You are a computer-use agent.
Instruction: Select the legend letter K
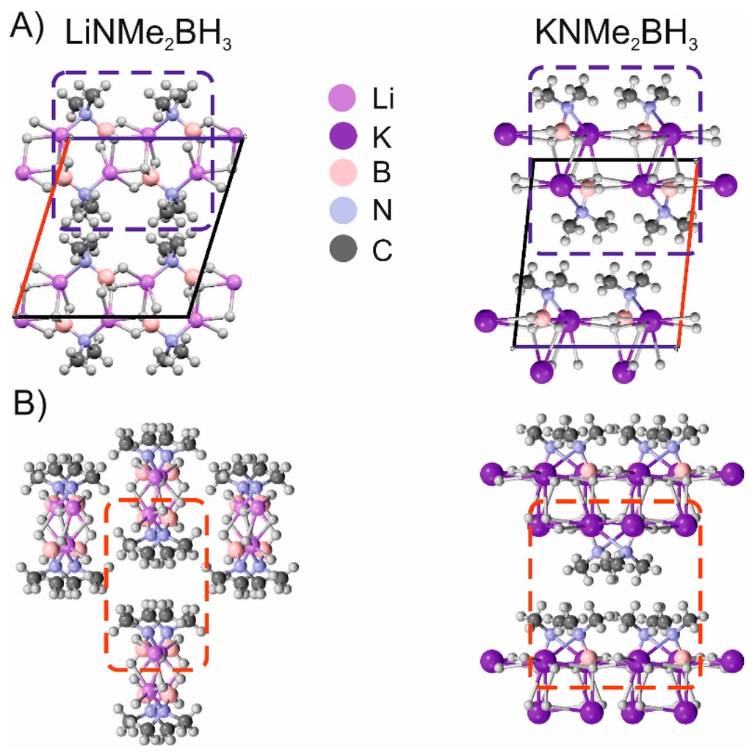click(379, 136)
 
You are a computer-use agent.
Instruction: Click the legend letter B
click(379, 174)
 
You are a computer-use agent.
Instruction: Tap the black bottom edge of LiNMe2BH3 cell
click(103, 316)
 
